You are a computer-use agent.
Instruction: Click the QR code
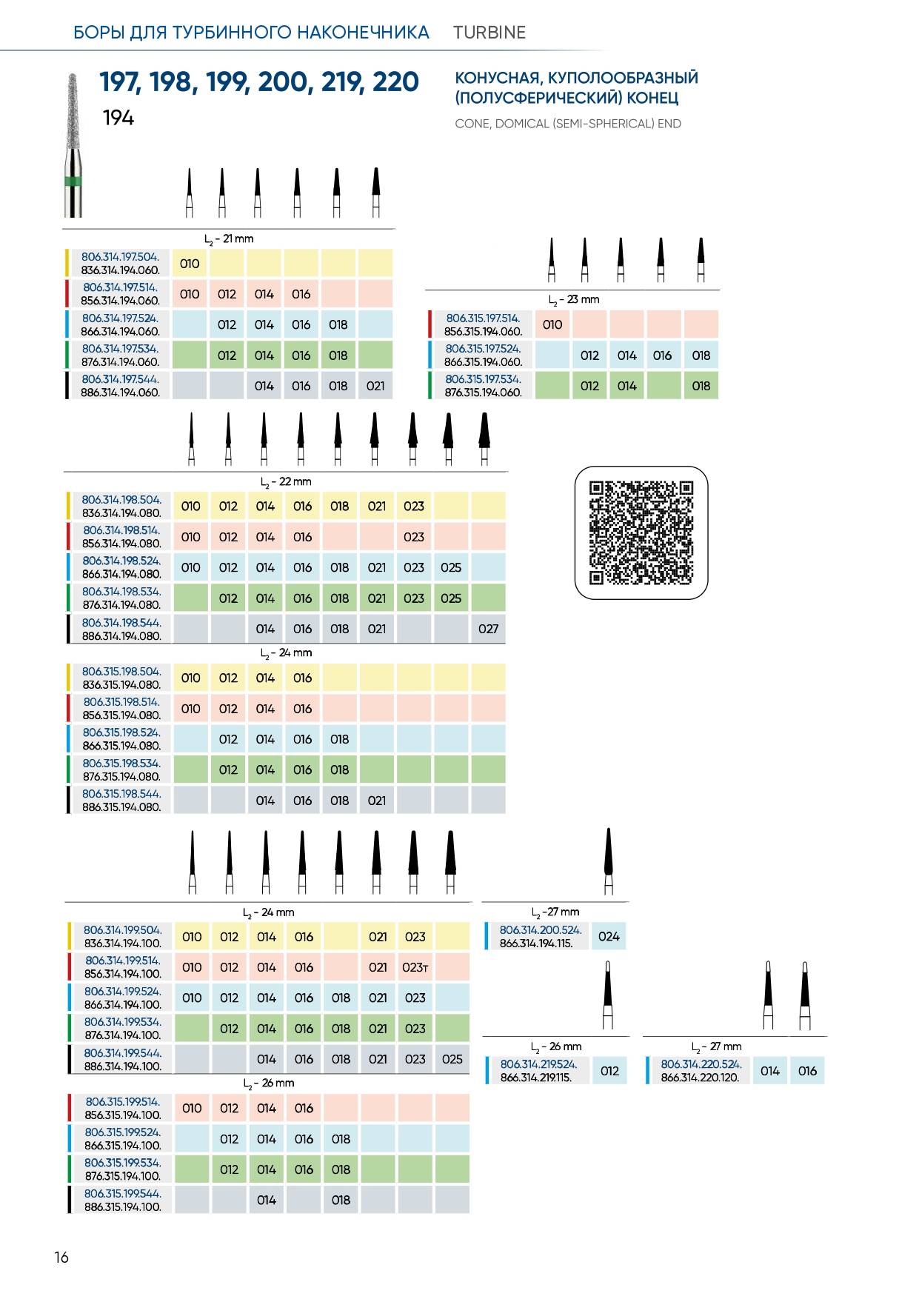[x=641, y=532]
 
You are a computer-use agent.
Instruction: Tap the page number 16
[x=61, y=1257]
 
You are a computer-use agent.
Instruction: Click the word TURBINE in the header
[x=489, y=33]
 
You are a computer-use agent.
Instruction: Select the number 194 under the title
[x=118, y=118]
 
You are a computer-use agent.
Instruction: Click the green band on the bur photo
[x=73, y=181]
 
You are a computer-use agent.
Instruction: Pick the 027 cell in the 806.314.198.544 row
[x=488, y=629]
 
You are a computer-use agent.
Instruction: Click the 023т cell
[x=415, y=967]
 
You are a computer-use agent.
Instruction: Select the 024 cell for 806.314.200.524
[x=609, y=936]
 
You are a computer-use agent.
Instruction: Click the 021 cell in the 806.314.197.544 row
[x=375, y=386]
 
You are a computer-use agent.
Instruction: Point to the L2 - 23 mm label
[x=574, y=300]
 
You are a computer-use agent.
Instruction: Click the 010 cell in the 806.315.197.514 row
[x=552, y=324]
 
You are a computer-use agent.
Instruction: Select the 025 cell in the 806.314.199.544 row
[x=452, y=1059]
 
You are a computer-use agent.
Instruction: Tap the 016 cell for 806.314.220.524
[x=807, y=1071]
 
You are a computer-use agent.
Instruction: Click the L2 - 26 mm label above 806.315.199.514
[x=269, y=1083]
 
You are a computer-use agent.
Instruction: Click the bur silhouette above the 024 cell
[x=609, y=861]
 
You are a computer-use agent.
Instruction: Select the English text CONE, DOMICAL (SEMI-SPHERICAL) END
[x=568, y=124]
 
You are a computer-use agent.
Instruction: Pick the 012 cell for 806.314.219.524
[x=609, y=1071]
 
